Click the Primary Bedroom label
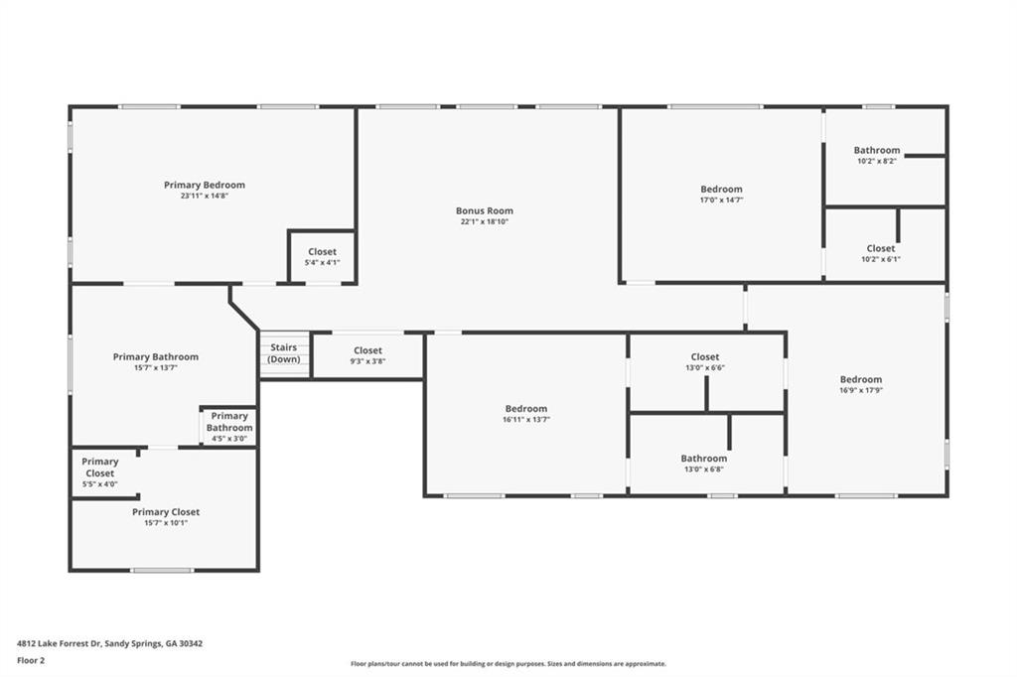(x=204, y=185)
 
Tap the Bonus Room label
(x=485, y=210)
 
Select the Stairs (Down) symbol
(x=283, y=354)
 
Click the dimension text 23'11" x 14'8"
(x=204, y=197)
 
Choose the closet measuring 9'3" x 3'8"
(x=367, y=355)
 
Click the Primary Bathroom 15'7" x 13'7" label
(x=155, y=361)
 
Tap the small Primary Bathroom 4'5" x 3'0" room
(x=229, y=427)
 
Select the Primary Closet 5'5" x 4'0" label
(x=99, y=473)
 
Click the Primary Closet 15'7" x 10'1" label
(x=166, y=517)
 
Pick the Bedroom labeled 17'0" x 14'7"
(x=721, y=194)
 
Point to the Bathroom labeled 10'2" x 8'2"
(x=876, y=155)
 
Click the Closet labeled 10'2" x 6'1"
(x=880, y=253)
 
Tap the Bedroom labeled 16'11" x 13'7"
(x=525, y=414)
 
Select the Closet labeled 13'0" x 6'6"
(x=704, y=361)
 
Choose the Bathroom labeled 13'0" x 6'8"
(x=703, y=463)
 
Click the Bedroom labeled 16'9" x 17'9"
(x=860, y=384)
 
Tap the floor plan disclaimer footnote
(x=508, y=664)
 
